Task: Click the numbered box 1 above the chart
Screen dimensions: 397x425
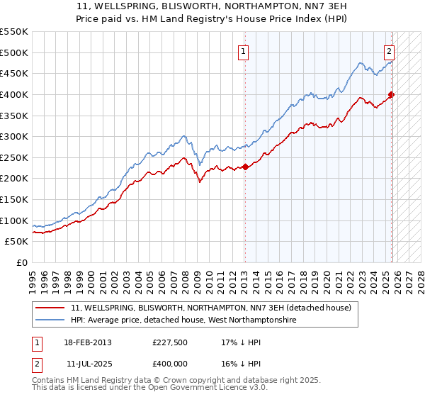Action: click(243, 51)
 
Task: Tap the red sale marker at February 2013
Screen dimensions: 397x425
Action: click(245, 167)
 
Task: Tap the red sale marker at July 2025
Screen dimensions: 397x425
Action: click(391, 95)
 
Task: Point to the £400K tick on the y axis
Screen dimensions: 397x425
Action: click(15, 94)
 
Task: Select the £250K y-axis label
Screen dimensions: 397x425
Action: click(15, 157)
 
